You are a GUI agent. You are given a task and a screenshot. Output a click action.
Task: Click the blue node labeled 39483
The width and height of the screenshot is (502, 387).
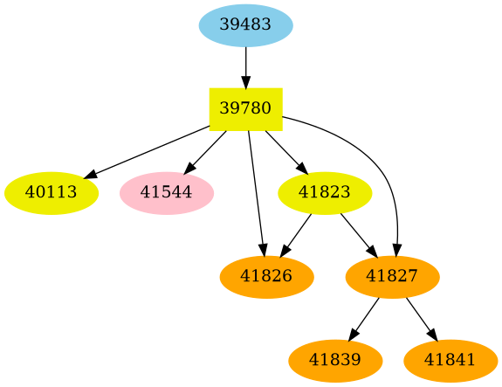[245, 24]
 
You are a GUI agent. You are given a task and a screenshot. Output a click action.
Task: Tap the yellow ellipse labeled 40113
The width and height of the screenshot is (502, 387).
[51, 192]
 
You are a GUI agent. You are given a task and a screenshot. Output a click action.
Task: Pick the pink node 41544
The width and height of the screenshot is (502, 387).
[166, 192]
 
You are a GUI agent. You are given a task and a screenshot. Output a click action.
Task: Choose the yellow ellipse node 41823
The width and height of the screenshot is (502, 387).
[325, 192]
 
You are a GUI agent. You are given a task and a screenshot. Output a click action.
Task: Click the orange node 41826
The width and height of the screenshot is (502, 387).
[266, 277]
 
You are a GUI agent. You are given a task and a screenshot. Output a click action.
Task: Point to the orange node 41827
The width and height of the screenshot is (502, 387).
[392, 277]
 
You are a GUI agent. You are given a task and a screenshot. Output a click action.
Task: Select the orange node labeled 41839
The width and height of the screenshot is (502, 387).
[334, 360]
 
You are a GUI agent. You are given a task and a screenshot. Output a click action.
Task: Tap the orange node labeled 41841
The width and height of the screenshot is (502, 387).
[450, 360]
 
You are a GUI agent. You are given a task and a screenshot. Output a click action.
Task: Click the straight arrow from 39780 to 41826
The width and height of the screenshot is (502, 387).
[256, 192]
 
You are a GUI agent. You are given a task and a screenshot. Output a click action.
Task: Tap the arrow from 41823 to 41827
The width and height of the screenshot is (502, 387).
[357, 233]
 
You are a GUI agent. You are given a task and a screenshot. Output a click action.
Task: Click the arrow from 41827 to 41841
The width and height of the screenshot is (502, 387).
[421, 318]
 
